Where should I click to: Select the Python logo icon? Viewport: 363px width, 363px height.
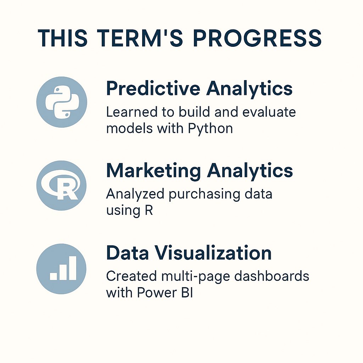point(61,102)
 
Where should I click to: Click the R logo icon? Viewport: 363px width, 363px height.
point(61,185)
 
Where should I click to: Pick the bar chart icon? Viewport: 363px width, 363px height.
point(61,268)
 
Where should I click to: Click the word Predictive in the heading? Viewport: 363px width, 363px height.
point(152,88)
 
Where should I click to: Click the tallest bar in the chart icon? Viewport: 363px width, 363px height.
point(72,268)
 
